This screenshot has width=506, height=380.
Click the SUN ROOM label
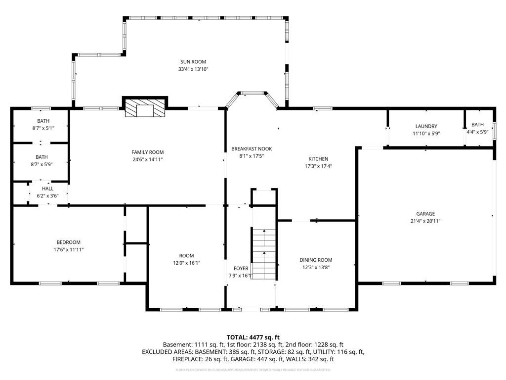click(193, 62)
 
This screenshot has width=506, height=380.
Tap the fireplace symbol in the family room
click(145, 106)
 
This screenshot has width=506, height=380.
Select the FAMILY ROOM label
click(147, 152)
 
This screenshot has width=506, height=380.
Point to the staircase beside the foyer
click(264, 254)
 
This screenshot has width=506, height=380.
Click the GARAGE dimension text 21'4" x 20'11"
click(425, 221)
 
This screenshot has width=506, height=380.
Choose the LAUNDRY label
click(426, 126)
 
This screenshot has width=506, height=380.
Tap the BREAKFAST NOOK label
click(252, 149)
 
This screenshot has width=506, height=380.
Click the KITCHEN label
click(318, 159)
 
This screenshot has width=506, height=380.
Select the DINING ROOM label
click(316, 260)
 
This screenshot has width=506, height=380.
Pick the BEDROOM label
click(68, 242)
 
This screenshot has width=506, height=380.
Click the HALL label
click(48, 189)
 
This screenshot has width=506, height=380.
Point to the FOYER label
click(241, 269)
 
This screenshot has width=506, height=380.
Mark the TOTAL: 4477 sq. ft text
click(253, 337)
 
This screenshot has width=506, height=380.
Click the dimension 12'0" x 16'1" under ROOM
click(186, 263)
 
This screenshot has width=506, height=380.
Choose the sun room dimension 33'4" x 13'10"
click(193, 69)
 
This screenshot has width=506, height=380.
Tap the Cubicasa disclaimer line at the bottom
click(253, 370)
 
